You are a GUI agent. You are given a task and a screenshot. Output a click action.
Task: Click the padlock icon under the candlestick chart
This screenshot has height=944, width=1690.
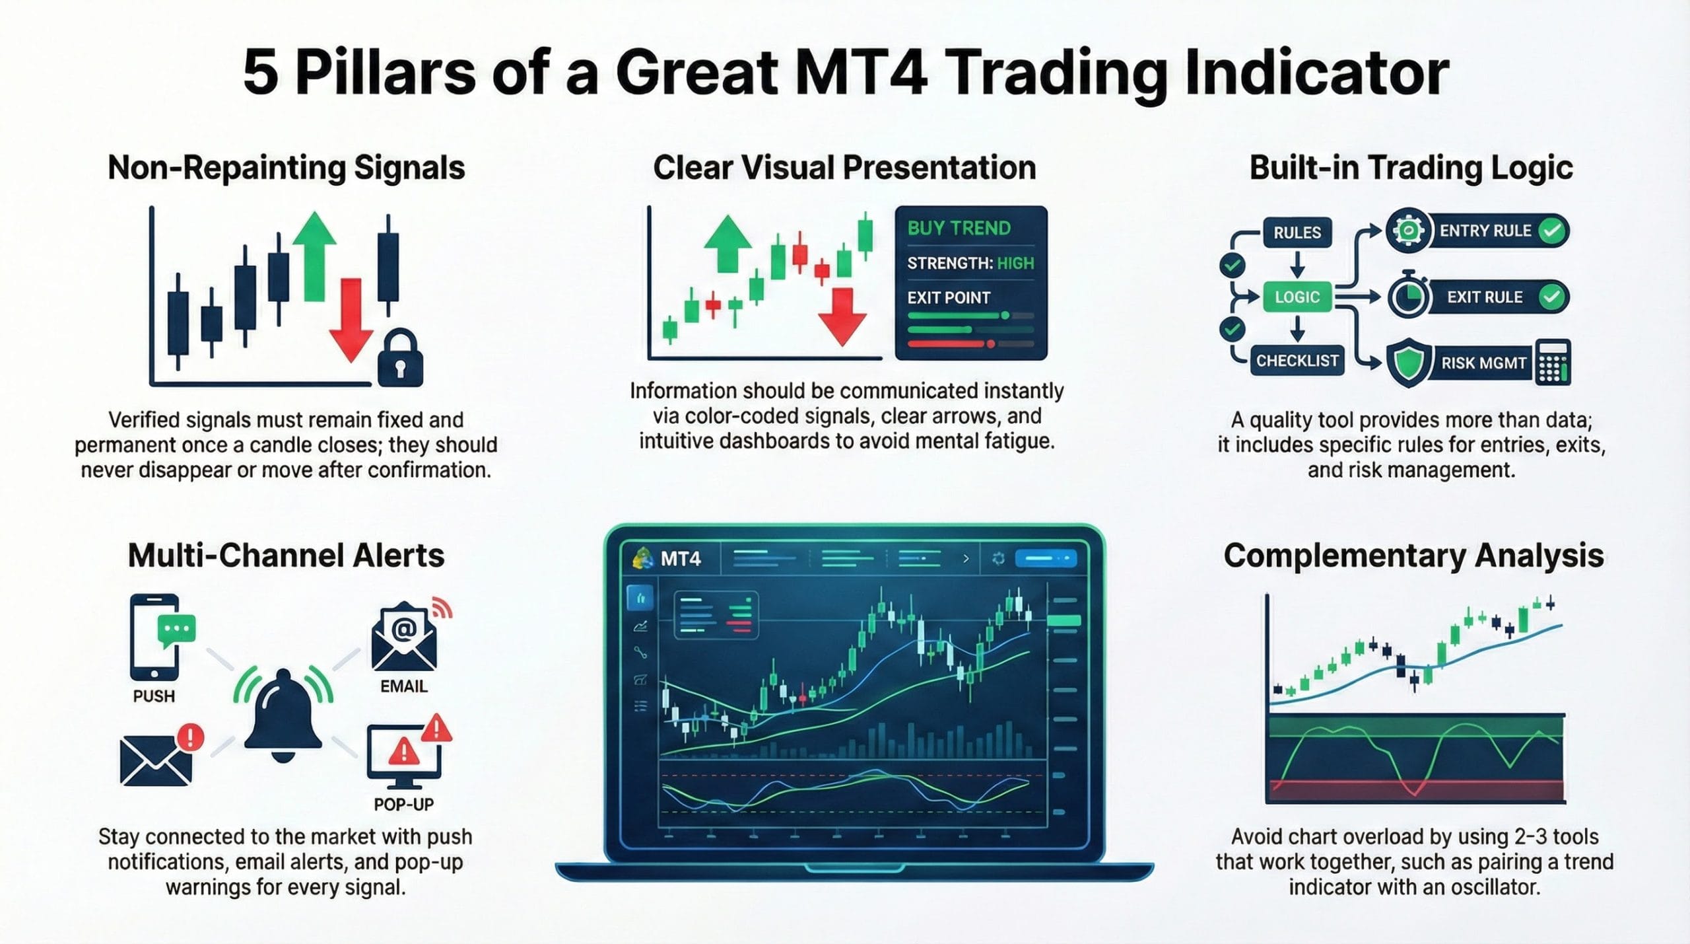(x=400, y=359)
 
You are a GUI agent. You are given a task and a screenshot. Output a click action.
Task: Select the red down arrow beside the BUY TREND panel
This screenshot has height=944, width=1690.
(x=842, y=317)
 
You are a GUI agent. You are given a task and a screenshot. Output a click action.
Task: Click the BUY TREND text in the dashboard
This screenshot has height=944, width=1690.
(x=959, y=229)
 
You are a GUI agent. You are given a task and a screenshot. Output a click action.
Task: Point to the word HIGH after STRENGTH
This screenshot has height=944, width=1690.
(x=1015, y=264)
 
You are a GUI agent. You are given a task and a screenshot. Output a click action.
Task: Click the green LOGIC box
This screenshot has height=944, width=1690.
(x=1297, y=297)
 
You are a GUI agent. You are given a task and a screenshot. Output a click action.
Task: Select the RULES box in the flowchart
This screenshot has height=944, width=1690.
(x=1297, y=233)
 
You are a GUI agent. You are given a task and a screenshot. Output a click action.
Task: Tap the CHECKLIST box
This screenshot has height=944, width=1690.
(x=1297, y=361)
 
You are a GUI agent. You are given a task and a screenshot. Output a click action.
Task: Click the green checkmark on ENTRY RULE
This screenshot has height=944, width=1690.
(x=1551, y=231)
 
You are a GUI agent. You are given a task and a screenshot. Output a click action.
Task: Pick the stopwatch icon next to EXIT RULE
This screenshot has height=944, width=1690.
(x=1407, y=297)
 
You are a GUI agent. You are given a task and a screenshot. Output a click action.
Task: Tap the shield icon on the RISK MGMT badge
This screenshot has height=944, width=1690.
(x=1409, y=363)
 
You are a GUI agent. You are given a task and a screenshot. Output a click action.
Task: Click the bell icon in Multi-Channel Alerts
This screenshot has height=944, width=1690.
(x=283, y=717)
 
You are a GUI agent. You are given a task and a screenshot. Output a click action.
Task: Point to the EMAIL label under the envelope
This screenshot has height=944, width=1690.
(x=403, y=686)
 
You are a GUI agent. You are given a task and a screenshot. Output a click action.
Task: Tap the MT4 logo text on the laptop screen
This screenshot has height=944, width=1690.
(x=680, y=560)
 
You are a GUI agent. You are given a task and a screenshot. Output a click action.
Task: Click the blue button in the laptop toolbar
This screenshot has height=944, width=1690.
(x=1045, y=559)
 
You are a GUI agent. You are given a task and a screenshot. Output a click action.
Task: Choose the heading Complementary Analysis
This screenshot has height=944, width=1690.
(x=1413, y=556)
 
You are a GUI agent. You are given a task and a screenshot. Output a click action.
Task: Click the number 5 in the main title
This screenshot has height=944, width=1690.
(x=260, y=73)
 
